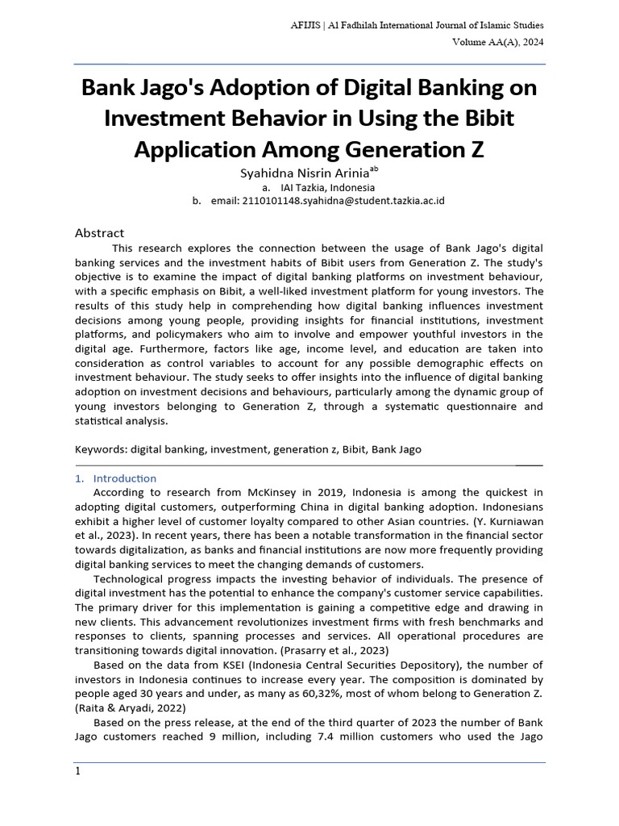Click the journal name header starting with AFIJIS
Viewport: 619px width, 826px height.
coord(417,26)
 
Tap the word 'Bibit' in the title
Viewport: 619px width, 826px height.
coord(484,119)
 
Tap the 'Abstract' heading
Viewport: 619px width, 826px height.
coord(99,233)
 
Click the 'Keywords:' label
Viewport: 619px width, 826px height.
coord(102,449)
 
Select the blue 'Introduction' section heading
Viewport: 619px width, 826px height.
coord(124,478)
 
